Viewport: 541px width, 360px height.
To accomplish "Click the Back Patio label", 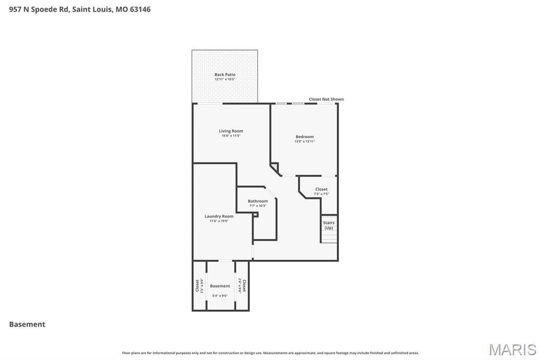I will click(225, 74).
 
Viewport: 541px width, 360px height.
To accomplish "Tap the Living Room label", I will click(231, 131).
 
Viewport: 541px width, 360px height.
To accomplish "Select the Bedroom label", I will click(304, 137).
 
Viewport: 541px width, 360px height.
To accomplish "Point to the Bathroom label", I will click(258, 201).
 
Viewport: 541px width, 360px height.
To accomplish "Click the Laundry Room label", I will click(219, 216).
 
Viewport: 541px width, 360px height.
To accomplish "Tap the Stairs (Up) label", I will click(329, 225).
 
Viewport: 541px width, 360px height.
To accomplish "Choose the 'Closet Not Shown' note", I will click(326, 99).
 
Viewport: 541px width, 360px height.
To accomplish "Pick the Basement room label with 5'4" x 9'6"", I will click(220, 286).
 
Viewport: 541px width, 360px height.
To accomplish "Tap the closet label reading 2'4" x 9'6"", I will click(242, 286).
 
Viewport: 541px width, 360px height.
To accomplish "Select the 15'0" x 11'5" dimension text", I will click(231, 136).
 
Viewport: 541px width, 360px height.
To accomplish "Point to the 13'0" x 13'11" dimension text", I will click(304, 141).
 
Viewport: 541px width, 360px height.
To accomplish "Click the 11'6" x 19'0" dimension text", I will click(219, 221).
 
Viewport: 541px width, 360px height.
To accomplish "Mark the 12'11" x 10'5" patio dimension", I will click(225, 79).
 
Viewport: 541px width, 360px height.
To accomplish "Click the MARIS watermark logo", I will click(512, 349).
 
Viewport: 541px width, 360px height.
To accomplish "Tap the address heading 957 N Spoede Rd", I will click(80, 9).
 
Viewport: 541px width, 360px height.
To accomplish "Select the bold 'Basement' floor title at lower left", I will click(27, 325).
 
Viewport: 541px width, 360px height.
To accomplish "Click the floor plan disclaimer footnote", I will click(270, 353).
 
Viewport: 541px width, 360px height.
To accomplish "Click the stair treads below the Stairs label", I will click(329, 237).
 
